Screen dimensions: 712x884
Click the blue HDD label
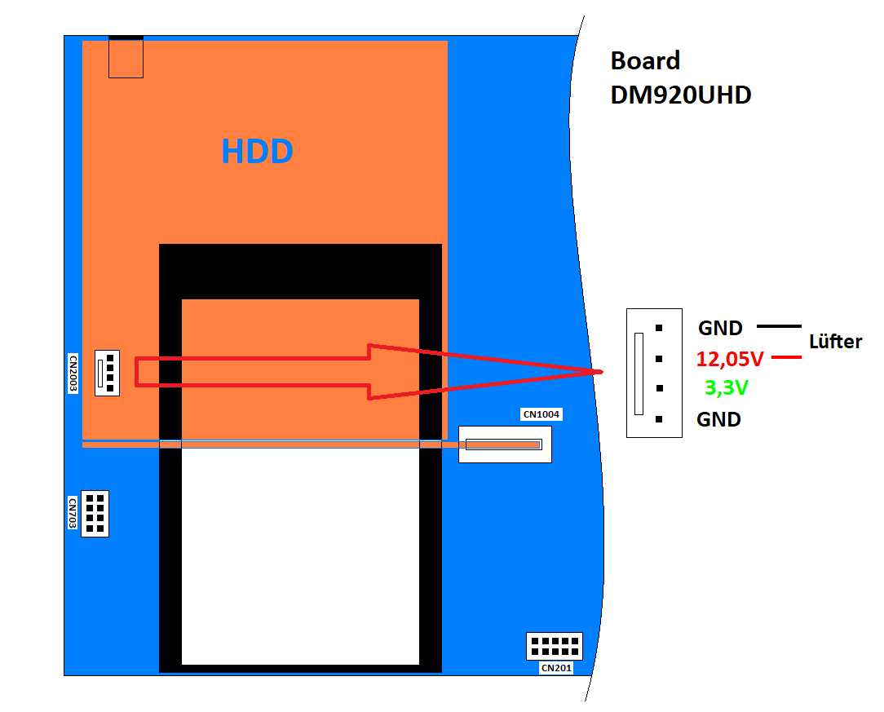coord(257,152)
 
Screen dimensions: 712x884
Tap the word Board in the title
coord(645,61)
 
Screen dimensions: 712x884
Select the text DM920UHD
coord(681,95)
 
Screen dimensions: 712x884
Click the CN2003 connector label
coord(73,374)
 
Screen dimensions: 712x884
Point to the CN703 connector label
coord(73,513)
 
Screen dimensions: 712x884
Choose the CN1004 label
coord(541,414)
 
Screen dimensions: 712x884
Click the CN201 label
coord(556,668)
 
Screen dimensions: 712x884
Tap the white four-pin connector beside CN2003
coord(107,374)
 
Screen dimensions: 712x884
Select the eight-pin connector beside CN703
coord(95,513)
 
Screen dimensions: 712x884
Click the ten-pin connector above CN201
coord(555,646)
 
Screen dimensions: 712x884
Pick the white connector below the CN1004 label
coord(505,444)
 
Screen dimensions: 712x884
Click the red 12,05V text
coord(730,359)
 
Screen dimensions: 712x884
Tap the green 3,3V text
coord(726,388)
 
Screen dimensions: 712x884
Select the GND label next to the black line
coord(720,329)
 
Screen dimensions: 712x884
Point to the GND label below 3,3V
coord(718,420)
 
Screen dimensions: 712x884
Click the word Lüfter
coord(835,342)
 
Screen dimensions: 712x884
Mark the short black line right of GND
coord(779,326)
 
